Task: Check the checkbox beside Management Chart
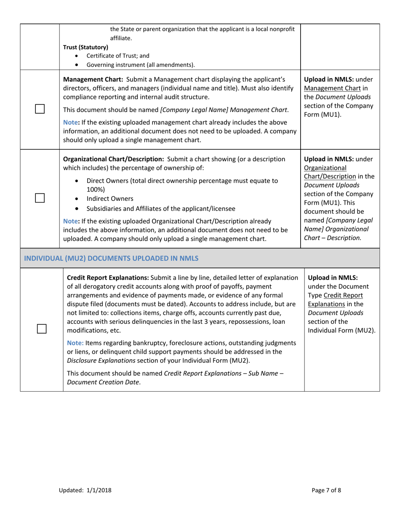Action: pos(40,109)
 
